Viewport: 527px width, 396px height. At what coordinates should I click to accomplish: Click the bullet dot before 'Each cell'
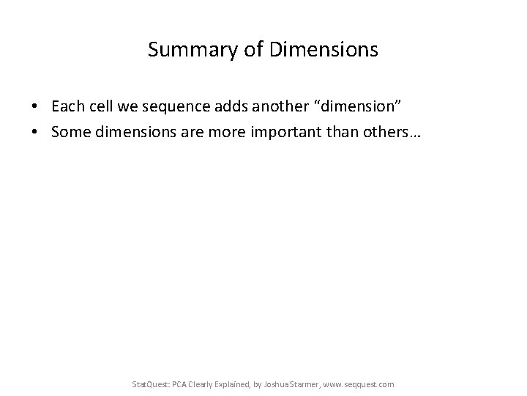tap(35, 107)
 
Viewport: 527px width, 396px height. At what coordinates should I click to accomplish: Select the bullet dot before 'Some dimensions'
tap(35, 129)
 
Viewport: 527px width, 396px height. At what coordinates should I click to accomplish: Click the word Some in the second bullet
tap(68, 129)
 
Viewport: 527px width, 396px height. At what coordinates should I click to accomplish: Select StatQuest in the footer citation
tap(149, 384)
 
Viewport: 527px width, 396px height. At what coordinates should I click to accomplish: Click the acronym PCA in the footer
tap(179, 384)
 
